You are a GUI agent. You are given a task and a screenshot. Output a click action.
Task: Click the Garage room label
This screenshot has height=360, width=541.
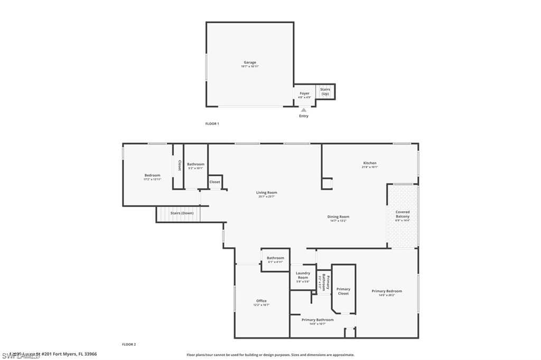[x=250, y=62]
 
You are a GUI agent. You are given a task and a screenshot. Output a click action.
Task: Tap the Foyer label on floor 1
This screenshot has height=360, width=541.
[x=304, y=93]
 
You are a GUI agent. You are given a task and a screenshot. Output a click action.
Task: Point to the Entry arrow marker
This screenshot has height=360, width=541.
[x=304, y=110]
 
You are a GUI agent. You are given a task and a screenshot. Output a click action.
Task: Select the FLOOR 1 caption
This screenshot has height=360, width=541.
[x=212, y=124]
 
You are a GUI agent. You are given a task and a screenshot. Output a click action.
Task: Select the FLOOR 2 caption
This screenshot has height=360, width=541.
[x=129, y=344]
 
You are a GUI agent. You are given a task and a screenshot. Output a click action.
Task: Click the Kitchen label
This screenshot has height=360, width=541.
[x=369, y=163]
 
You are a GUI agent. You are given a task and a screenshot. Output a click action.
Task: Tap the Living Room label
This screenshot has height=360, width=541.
[x=267, y=193]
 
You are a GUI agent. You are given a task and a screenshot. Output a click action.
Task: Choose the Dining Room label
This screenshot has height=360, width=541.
[x=338, y=216]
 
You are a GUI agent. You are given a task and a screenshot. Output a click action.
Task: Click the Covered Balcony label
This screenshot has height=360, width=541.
[x=403, y=214]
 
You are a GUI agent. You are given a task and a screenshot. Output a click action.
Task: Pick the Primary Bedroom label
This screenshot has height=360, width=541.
[x=387, y=291]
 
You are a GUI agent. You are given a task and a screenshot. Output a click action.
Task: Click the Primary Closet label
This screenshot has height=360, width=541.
[x=343, y=291]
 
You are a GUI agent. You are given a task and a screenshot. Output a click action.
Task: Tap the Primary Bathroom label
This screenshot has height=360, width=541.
[x=318, y=319]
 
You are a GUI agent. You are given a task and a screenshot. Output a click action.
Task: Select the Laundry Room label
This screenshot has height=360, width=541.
[x=303, y=275]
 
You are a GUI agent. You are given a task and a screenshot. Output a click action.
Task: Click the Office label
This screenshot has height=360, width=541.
[x=262, y=301]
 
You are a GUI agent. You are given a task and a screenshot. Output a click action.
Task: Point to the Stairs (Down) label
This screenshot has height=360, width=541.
[x=182, y=213]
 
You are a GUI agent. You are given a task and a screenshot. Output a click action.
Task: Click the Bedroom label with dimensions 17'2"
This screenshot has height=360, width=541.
[x=152, y=175]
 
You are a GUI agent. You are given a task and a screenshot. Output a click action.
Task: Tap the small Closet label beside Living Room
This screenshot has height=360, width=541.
[x=214, y=182]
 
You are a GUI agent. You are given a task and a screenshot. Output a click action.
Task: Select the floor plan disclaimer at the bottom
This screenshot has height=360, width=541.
[x=270, y=355]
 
